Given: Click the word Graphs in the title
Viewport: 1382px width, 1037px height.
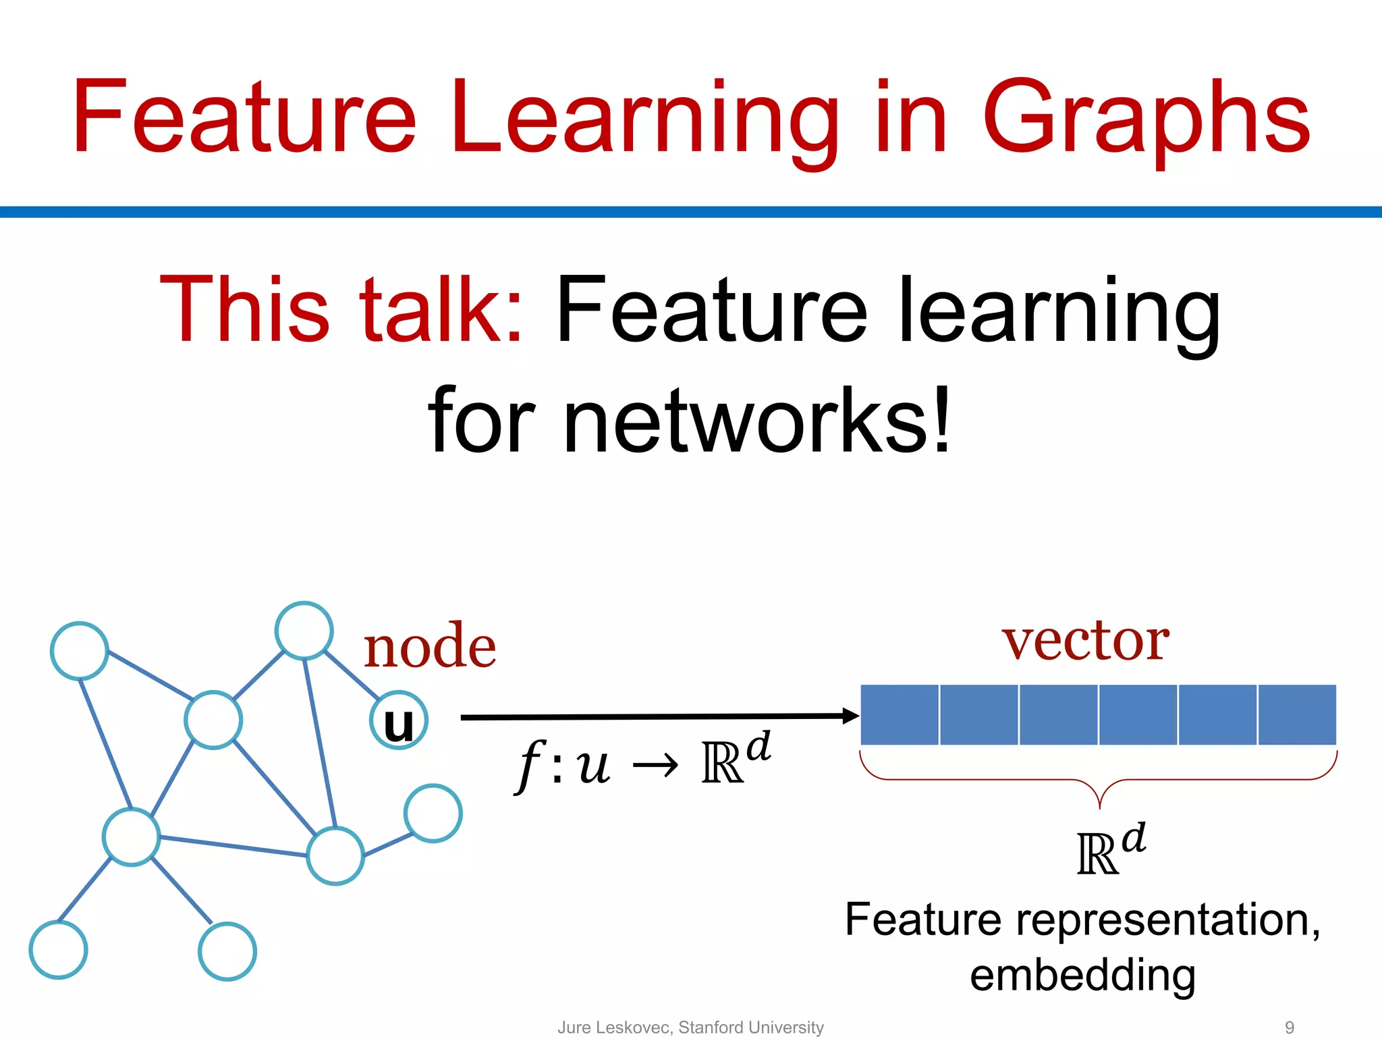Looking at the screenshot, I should [x=1145, y=118].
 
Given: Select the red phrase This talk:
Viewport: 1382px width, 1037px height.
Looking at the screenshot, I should [x=341, y=311].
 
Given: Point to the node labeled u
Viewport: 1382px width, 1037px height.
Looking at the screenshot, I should [x=399, y=720].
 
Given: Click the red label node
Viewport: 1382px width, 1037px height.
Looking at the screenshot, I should [x=430, y=647].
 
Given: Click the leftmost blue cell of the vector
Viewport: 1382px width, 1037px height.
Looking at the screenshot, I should [x=900, y=715].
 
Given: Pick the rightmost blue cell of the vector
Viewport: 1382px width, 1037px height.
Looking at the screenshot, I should [x=1296, y=715].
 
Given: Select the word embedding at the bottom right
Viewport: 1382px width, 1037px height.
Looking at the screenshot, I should [x=1082, y=976].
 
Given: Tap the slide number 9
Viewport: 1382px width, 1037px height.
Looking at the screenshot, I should [x=1289, y=1027].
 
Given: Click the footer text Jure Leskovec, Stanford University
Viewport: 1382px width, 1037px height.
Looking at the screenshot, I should [x=690, y=1027].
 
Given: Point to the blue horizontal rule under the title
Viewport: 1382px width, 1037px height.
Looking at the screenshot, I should [x=691, y=212].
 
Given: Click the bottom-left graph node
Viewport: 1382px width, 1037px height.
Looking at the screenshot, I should [x=59, y=950].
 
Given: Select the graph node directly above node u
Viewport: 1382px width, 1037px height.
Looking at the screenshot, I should [x=304, y=631].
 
